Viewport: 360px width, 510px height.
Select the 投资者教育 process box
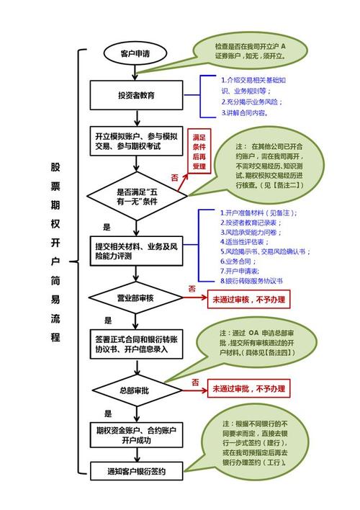pos(136,94)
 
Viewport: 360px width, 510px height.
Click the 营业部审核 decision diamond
pos(137,297)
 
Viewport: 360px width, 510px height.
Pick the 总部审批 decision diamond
pos(137,389)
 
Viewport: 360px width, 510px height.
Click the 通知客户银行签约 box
pos(137,472)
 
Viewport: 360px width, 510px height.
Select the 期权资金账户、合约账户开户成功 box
pos(137,436)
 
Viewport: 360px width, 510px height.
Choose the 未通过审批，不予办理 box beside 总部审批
pos(248,389)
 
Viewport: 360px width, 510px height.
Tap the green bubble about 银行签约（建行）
pos(256,444)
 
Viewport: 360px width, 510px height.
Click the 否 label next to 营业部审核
pos(192,288)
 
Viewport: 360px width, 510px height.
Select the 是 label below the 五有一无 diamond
pos(107,227)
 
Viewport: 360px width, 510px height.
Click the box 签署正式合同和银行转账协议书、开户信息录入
pos(137,342)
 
